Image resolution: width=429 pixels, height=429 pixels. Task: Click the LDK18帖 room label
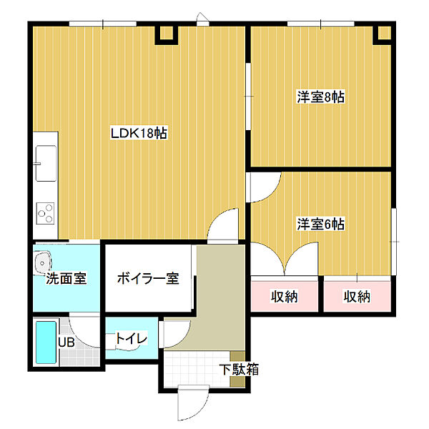click(x=139, y=133)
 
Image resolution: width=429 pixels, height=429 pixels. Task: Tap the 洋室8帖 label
click(x=321, y=97)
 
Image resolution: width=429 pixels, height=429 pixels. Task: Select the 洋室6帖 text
click(x=321, y=224)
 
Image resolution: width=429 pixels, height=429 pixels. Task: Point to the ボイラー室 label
click(x=147, y=278)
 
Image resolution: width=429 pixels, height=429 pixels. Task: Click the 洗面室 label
click(x=66, y=278)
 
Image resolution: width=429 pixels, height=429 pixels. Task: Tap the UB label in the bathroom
click(x=66, y=342)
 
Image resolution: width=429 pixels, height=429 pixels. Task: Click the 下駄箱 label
click(x=239, y=370)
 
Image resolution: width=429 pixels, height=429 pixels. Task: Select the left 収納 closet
click(x=284, y=296)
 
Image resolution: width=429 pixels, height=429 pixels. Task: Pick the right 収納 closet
click(x=356, y=296)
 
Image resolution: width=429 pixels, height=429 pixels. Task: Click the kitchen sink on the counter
click(x=44, y=164)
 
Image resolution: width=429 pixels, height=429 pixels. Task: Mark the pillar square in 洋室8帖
click(x=384, y=33)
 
